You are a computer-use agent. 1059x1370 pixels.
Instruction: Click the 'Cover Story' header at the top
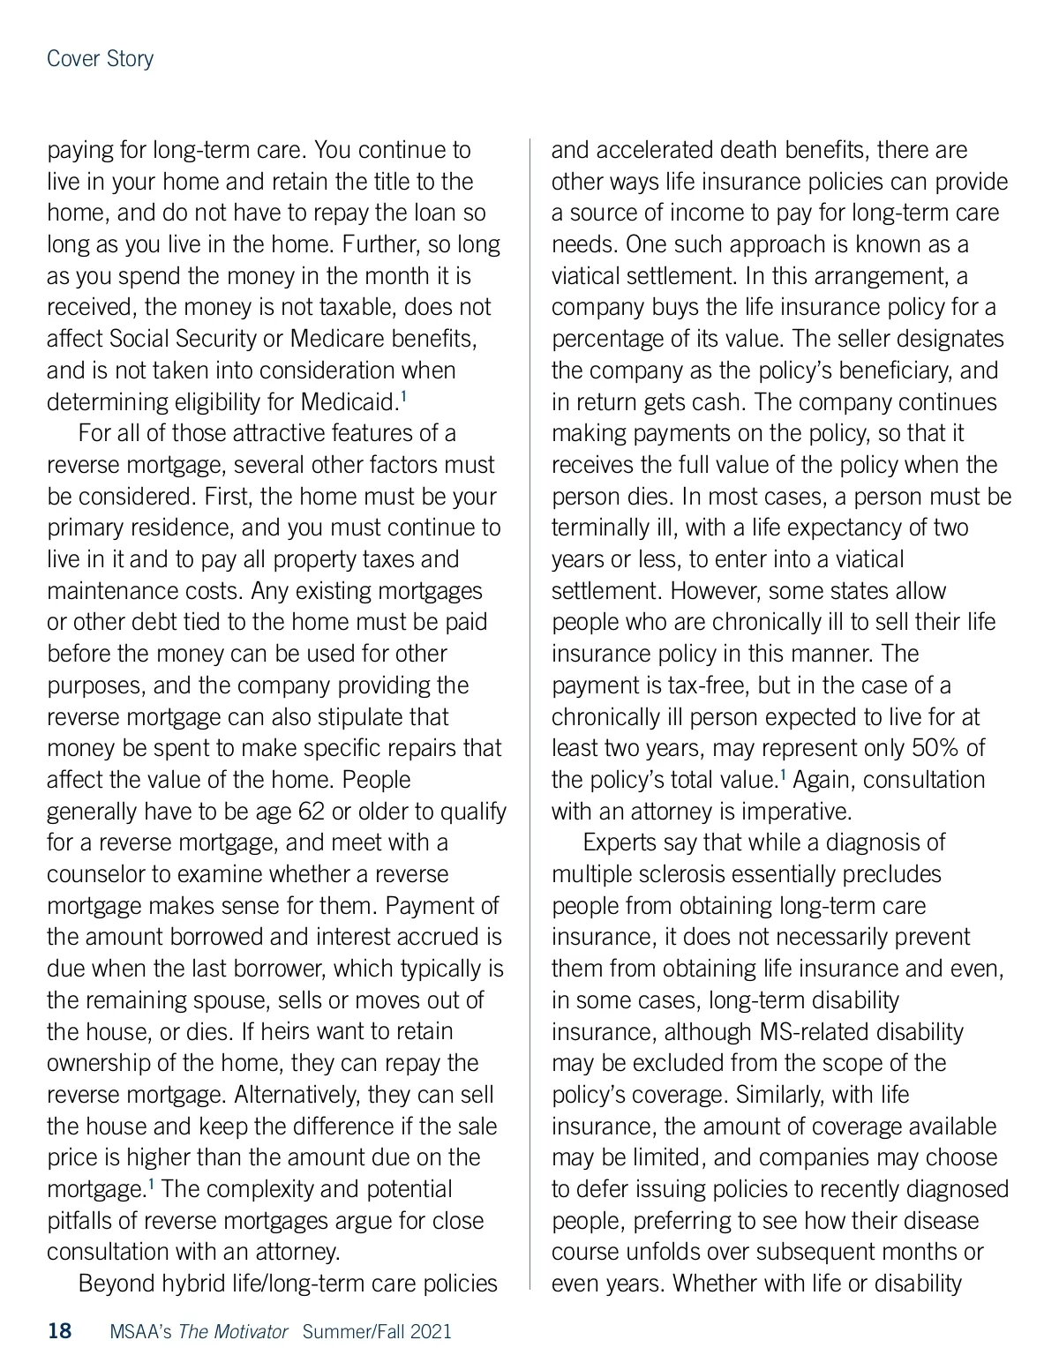click(100, 59)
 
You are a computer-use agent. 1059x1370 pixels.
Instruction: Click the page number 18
click(59, 1331)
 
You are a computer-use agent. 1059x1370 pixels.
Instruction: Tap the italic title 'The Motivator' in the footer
click(233, 1331)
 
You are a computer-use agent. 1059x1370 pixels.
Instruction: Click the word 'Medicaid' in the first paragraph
click(347, 402)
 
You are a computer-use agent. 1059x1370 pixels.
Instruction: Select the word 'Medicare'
click(338, 339)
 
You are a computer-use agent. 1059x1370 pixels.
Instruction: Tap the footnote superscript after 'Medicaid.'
click(403, 398)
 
